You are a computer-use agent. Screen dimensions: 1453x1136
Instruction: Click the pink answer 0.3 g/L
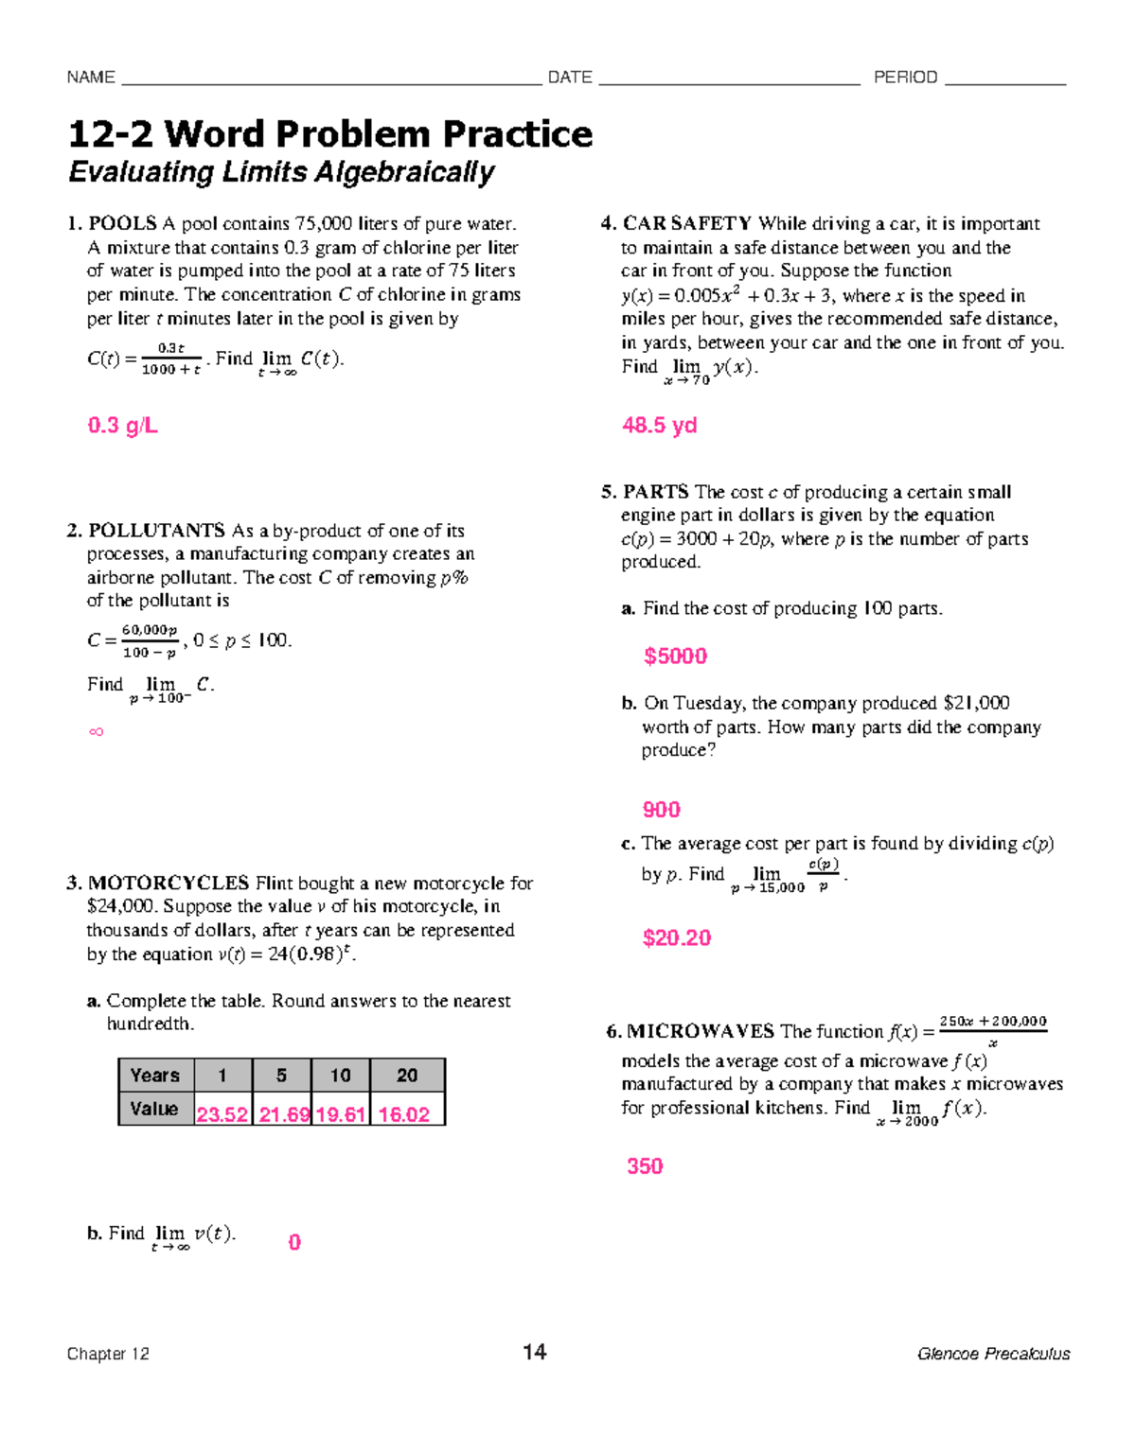point(122,426)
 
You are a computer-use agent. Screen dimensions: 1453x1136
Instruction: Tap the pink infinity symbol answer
point(96,731)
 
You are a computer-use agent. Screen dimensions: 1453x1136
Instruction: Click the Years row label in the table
point(155,1076)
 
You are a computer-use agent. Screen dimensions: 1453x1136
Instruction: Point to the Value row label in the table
point(154,1109)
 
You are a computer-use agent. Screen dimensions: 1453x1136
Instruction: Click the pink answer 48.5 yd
point(659,426)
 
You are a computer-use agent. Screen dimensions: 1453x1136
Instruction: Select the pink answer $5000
point(675,656)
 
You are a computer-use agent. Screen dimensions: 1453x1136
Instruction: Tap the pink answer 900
point(661,810)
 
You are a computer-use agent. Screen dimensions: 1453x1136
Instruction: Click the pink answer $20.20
point(676,938)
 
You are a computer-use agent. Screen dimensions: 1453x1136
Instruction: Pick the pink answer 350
point(645,1166)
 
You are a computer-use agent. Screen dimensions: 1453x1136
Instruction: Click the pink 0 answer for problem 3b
point(294,1242)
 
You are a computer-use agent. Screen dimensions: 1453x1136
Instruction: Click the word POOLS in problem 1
point(122,224)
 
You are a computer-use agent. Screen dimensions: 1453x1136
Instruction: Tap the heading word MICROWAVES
point(701,1032)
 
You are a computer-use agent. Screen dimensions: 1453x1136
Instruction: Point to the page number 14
point(534,1352)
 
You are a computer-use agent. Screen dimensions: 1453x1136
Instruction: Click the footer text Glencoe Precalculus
point(993,1354)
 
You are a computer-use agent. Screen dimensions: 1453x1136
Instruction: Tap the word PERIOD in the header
point(905,78)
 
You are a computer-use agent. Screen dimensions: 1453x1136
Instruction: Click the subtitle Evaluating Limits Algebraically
point(281,172)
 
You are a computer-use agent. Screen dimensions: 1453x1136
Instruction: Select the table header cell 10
point(340,1076)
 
